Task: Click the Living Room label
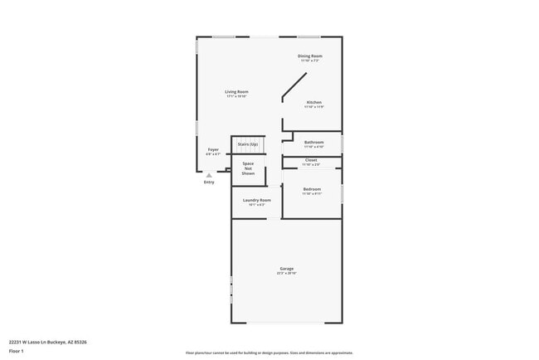click(x=236, y=91)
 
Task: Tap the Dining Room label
click(x=310, y=56)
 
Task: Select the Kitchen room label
click(x=313, y=102)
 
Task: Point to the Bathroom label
click(x=313, y=142)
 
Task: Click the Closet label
click(x=311, y=159)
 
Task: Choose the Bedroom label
click(x=312, y=189)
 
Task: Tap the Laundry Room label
click(x=256, y=200)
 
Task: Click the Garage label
click(x=287, y=269)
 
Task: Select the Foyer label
click(x=213, y=149)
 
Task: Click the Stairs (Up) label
click(x=248, y=144)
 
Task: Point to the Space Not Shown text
click(x=248, y=168)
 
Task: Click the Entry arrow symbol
click(x=208, y=175)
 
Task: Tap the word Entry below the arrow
click(x=209, y=182)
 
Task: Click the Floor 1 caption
click(x=17, y=351)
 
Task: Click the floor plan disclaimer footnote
click(x=269, y=352)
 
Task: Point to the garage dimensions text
click(x=287, y=273)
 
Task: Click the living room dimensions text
click(x=236, y=96)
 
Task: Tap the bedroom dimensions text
click(x=312, y=194)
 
